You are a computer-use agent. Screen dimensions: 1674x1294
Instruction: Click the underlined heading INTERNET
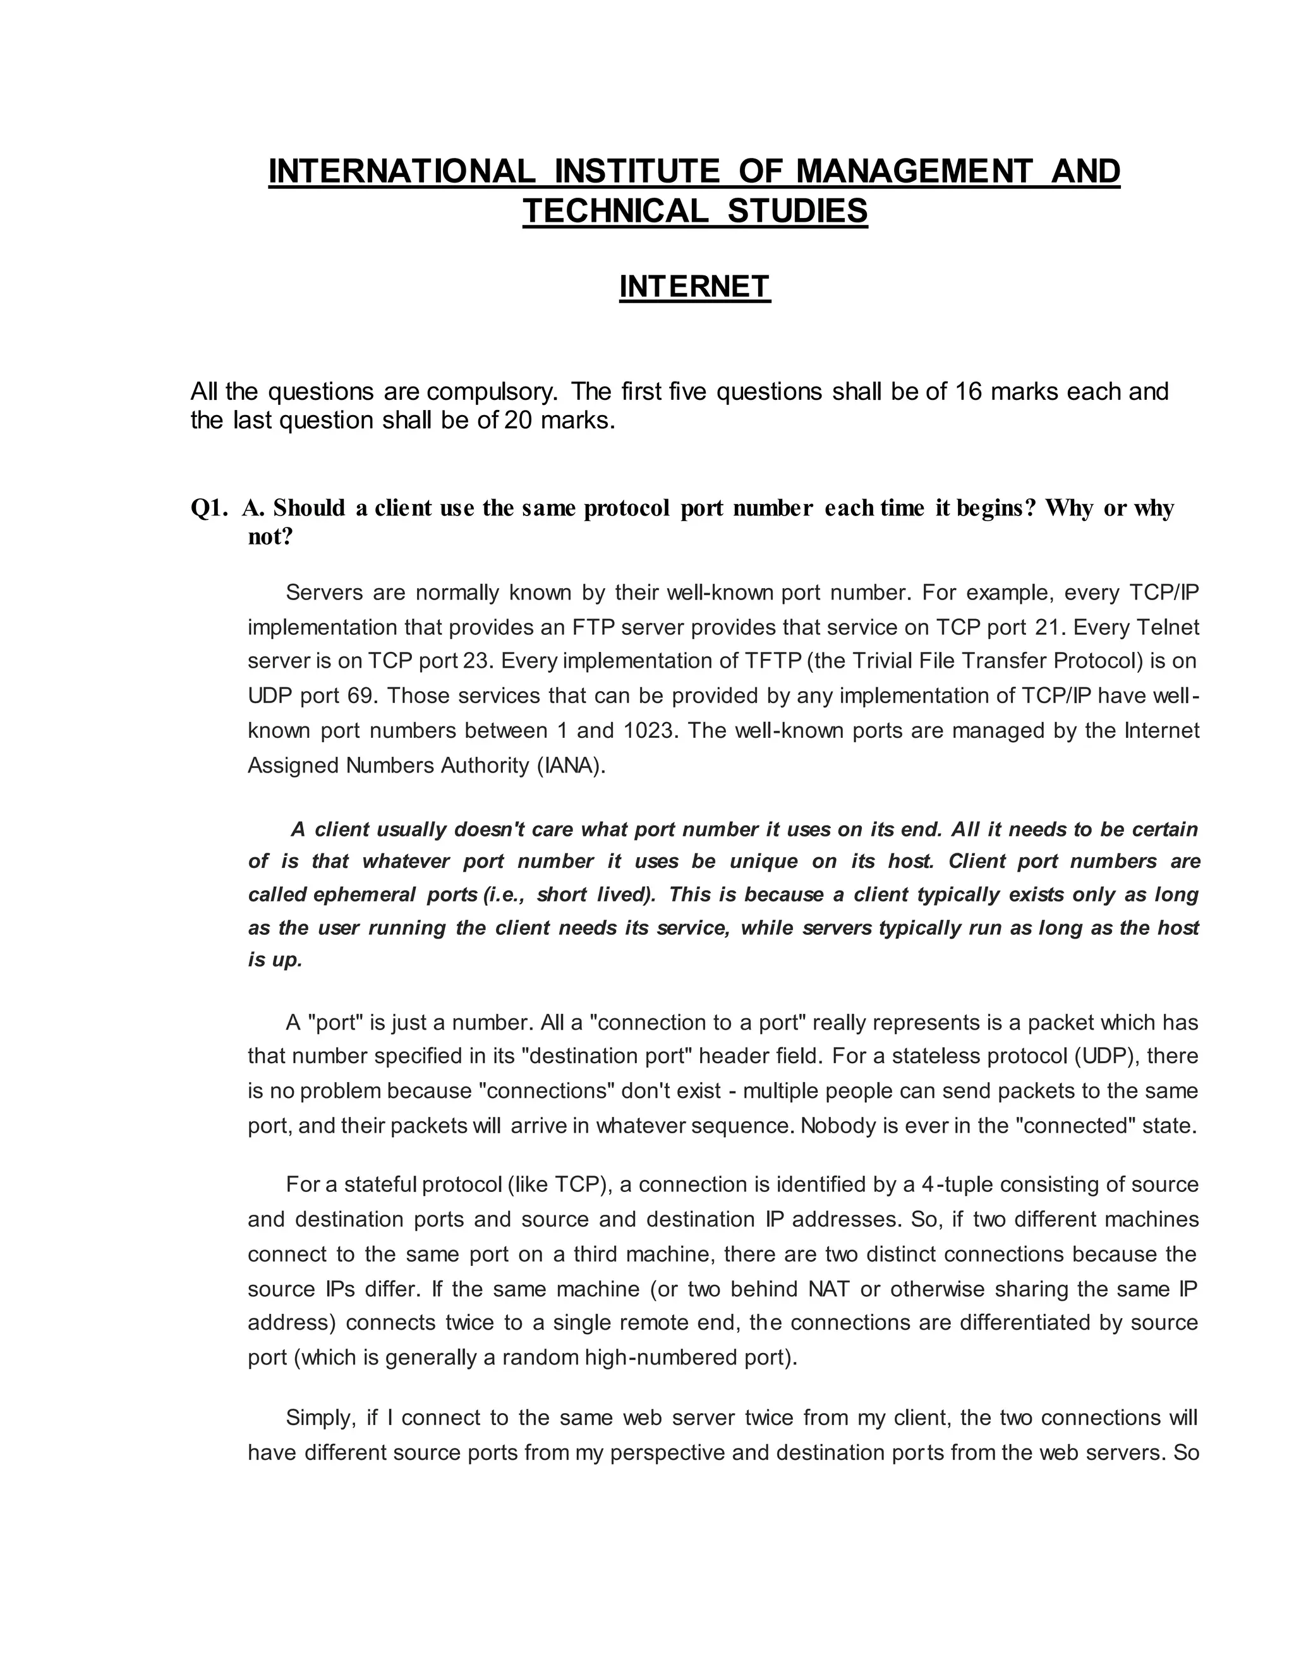click(x=694, y=287)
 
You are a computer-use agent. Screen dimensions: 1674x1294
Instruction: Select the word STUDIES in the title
click(x=797, y=211)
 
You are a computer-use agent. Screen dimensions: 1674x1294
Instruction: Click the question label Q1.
click(x=209, y=507)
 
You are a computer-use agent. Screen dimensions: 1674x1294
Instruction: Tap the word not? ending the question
click(x=270, y=536)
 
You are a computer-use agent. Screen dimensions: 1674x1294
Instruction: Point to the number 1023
click(x=650, y=730)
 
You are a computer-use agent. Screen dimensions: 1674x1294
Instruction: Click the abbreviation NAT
click(x=830, y=1289)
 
